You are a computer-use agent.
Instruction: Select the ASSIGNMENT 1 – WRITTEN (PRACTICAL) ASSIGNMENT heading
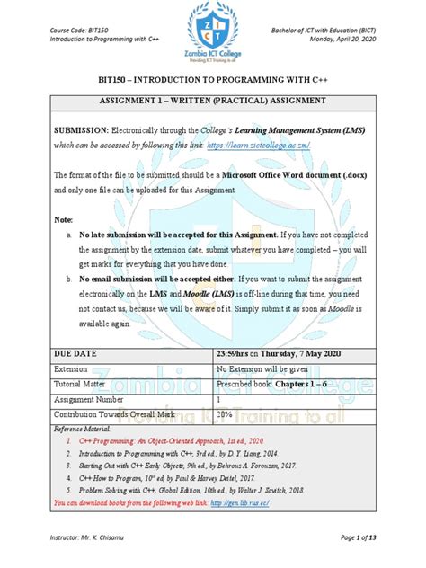coord(213,102)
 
